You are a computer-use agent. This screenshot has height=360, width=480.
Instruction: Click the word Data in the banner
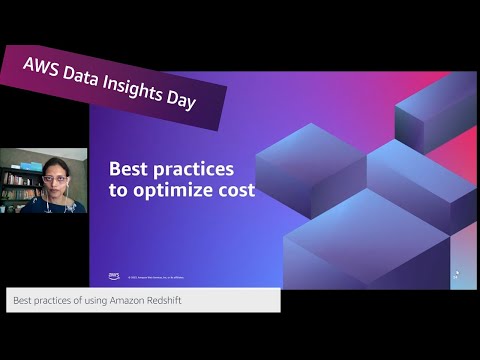tap(89, 75)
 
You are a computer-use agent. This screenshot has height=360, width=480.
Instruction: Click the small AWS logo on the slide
tap(114, 276)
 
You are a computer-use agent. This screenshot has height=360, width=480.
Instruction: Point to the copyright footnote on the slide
tap(160, 277)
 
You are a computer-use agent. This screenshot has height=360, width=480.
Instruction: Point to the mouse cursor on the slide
tap(457, 273)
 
